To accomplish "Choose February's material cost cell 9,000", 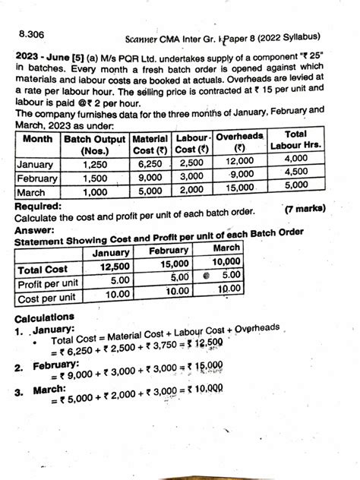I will pyautogui.click(x=150, y=176).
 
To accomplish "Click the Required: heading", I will pyautogui.click(x=40, y=206).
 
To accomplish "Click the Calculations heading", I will pyautogui.click(x=45, y=317).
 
